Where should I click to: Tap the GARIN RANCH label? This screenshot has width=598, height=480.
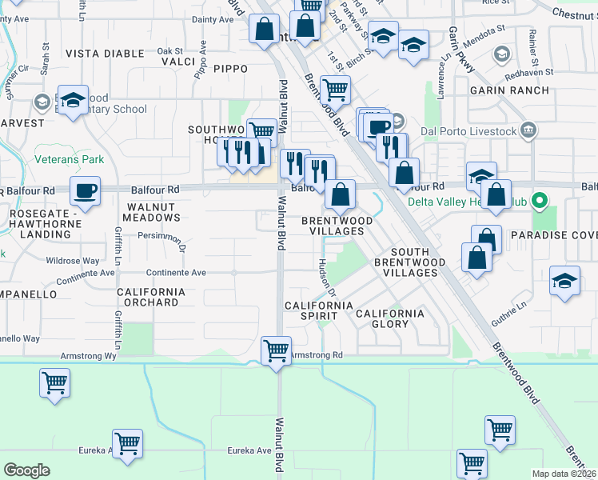point(509,90)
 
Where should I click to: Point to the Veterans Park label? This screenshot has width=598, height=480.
point(70,159)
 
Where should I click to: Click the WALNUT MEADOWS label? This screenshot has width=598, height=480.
point(152,212)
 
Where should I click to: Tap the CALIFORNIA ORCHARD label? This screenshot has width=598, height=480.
point(152,297)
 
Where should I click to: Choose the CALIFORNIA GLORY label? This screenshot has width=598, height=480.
point(390,318)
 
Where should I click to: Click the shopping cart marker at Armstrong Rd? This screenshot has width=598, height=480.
point(276,350)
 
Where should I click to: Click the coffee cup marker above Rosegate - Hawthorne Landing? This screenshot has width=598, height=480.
point(84,191)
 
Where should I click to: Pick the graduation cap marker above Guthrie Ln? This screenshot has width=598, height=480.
point(564,282)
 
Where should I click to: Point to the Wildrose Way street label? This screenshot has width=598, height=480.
point(73,261)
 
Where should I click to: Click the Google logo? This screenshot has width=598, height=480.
point(26,470)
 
